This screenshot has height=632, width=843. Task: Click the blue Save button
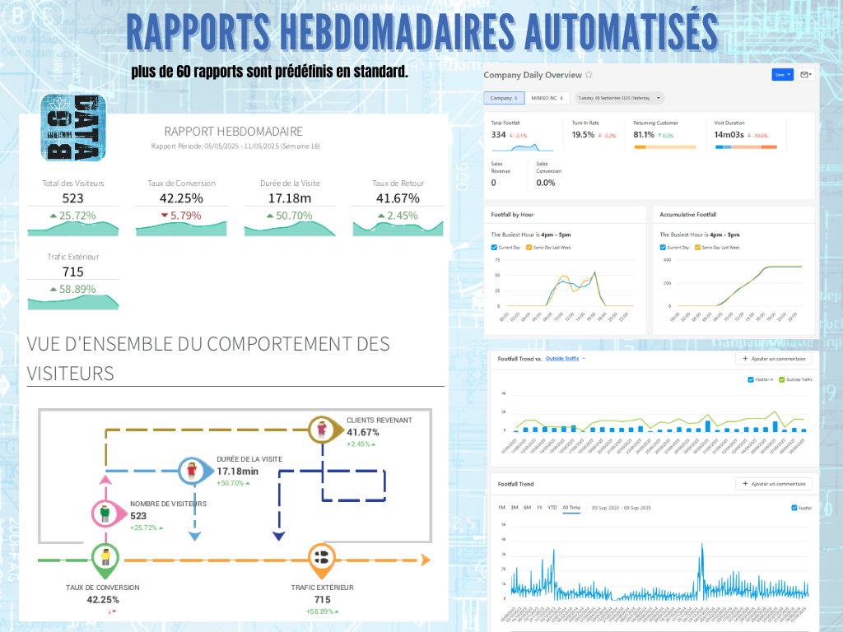coord(782,74)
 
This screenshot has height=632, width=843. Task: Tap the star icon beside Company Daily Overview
coord(589,75)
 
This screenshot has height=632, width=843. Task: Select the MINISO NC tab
coord(547,98)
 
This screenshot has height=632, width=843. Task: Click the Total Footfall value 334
coord(498,134)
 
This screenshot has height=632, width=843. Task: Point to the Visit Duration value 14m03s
coord(729,134)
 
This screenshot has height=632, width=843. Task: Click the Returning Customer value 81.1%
coord(644,134)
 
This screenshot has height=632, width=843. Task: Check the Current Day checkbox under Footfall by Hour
coord(494,247)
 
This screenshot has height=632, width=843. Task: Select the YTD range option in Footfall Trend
coord(552,508)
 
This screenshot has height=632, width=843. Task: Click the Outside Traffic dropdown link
coord(565,359)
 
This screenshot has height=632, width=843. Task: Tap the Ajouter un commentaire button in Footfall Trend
coord(774,484)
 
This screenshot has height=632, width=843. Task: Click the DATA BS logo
coord(73,128)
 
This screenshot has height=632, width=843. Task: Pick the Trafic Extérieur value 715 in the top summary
coord(72,272)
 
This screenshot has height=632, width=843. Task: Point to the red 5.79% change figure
coord(181,216)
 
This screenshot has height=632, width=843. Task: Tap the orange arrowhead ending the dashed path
coord(425,560)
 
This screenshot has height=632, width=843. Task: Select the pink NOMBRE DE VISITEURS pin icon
coord(104,513)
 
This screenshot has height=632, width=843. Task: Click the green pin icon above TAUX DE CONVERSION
coord(105,559)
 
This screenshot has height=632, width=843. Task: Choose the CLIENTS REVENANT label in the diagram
coord(379,420)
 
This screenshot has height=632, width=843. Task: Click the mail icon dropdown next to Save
coord(806,74)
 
